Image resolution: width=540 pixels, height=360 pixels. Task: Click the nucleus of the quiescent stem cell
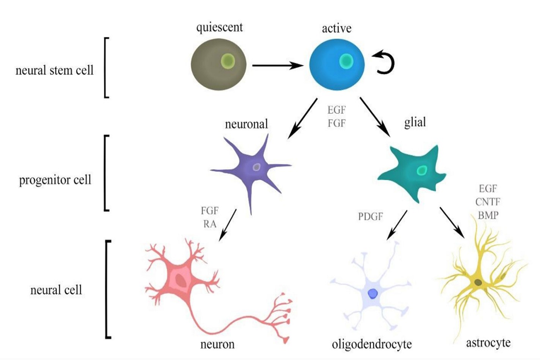click(228, 61)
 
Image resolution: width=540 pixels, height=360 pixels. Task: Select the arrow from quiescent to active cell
click(276, 66)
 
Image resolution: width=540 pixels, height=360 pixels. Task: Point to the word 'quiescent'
click(219, 28)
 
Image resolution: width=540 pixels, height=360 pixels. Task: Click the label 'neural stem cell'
click(54, 70)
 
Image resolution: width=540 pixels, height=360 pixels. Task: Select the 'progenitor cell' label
click(55, 180)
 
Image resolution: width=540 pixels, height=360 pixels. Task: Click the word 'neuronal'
click(246, 123)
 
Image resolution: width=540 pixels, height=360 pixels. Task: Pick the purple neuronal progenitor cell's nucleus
click(256, 167)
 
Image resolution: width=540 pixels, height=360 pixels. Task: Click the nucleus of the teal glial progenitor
click(422, 170)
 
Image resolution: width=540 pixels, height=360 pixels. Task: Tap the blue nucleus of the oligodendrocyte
click(373, 293)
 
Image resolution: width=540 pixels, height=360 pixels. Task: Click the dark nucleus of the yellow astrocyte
click(478, 282)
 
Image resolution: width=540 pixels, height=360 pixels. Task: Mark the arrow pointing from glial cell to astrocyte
click(452, 221)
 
